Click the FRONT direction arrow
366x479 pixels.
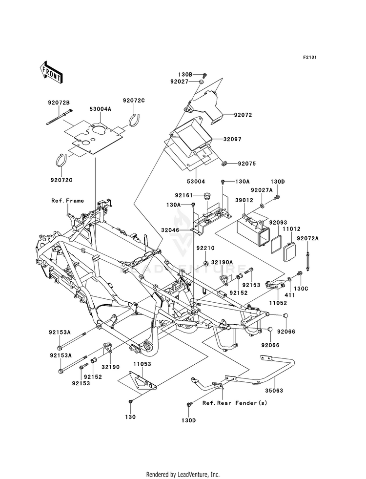coord(51,72)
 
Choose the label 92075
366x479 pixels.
coord(247,164)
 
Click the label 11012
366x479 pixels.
coord(291,229)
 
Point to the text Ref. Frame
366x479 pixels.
coord(67,201)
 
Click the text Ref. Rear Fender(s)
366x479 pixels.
coord(235,403)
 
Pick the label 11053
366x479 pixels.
coord(142,364)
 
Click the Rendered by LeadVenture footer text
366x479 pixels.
coord(183,475)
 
